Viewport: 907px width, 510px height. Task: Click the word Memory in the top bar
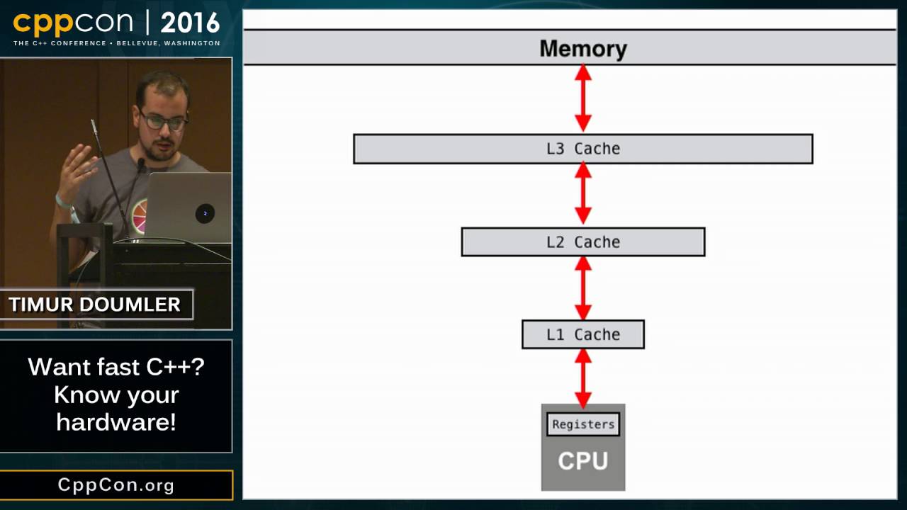pyautogui.click(x=582, y=48)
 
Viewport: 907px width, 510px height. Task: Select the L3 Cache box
pyautogui.click(x=582, y=149)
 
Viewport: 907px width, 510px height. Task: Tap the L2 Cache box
pyautogui.click(x=582, y=242)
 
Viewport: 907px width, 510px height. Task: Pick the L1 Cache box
pyautogui.click(x=582, y=334)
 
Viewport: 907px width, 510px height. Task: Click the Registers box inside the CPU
pyautogui.click(x=583, y=424)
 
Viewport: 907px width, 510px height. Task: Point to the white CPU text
pyautogui.click(x=582, y=460)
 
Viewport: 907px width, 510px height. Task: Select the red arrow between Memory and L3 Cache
pyautogui.click(x=582, y=98)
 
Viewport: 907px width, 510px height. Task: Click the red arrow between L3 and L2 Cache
pyautogui.click(x=582, y=194)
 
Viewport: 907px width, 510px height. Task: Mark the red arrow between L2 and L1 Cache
pyautogui.click(x=582, y=288)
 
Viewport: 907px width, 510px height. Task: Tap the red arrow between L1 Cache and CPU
pyautogui.click(x=582, y=378)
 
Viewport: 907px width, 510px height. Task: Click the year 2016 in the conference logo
pyautogui.click(x=190, y=23)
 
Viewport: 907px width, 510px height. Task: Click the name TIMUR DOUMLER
pyautogui.click(x=95, y=305)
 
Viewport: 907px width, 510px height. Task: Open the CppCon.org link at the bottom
pyautogui.click(x=116, y=485)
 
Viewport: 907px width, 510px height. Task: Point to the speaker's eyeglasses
pyautogui.click(x=164, y=120)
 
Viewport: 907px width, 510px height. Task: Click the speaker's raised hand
pyautogui.click(x=77, y=170)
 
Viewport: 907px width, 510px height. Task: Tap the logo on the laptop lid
pyautogui.click(x=205, y=213)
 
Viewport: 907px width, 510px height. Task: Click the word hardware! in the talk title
pyautogui.click(x=116, y=422)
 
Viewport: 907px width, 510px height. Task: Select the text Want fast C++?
pyautogui.click(x=116, y=367)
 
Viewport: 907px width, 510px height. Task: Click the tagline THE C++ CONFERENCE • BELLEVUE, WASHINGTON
pyautogui.click(x=116, y=43)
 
